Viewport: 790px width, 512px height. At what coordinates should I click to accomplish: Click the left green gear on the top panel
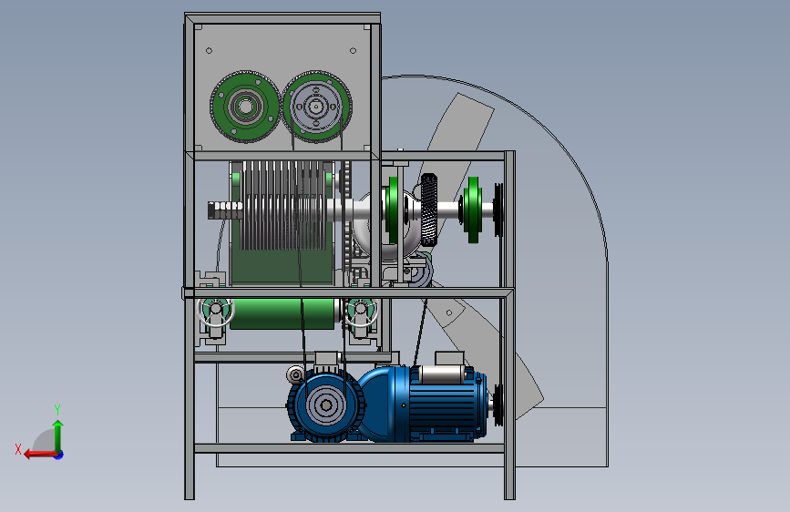(x=245, y=107)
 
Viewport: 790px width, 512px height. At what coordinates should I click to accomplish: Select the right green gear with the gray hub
(x=316, y=107)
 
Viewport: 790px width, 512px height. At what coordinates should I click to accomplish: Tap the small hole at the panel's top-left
(x=209, y=50)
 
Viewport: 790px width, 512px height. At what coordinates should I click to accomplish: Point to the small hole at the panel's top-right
(x=353, y=50)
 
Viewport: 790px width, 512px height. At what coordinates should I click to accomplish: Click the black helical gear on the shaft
(x=429, y=210)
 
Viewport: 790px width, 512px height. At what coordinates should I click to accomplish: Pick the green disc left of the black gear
(x=393, y=210)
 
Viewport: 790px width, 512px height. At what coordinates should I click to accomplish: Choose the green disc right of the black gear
(x=473, y=210)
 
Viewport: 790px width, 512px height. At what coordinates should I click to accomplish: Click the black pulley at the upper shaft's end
(x=498, y=210)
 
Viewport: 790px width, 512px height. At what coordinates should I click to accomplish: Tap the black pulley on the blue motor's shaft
(x=498, y=404)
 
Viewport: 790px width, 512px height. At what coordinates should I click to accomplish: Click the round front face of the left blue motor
(x=326, y=405)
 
